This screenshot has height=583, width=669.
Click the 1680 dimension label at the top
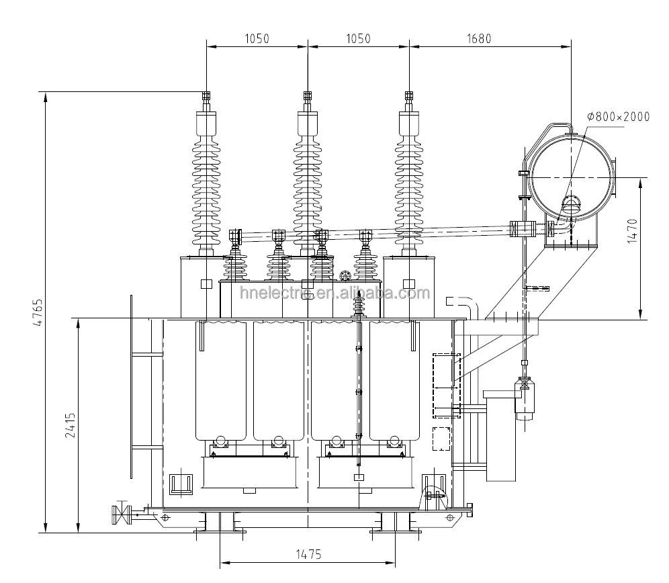click(479, 38)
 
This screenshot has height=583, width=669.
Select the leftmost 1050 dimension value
click(256, 38)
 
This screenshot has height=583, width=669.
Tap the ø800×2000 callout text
click(618, 117)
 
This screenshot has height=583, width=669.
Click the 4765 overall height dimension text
click(38, 312)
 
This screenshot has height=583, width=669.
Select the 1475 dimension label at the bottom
click(308, 554)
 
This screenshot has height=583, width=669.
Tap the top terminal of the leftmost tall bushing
click(206, 99)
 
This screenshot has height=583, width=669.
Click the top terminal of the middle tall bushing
click(308, 99)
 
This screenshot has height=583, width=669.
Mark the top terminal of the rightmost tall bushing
click(408, 99)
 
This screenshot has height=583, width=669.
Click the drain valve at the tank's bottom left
click(122, 514)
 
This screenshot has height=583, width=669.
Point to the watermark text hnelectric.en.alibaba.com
click(334, 293)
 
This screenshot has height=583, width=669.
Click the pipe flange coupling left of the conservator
click(521, 229)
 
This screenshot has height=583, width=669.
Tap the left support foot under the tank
click(219, 523)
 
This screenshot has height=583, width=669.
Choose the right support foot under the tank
click(395, 523)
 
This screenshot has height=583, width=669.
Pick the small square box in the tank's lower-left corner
click(180, 484)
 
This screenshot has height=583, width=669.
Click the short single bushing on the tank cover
click(359, 306)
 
